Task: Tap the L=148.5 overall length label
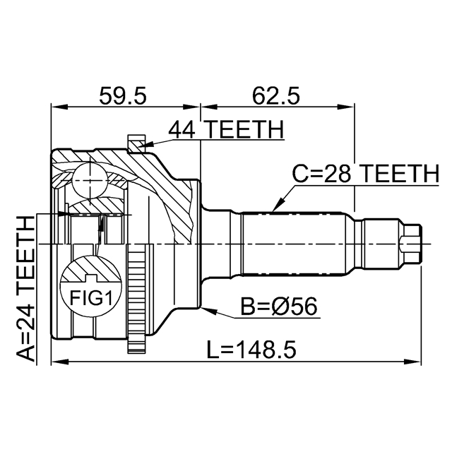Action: [x=250, y=348]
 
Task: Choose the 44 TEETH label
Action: [x=225, y=130]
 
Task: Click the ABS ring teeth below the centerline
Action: [x=135, y=297]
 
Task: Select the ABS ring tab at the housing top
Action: [x=135, y=143]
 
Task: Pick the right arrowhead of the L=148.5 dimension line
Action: [x=416, y=362]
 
